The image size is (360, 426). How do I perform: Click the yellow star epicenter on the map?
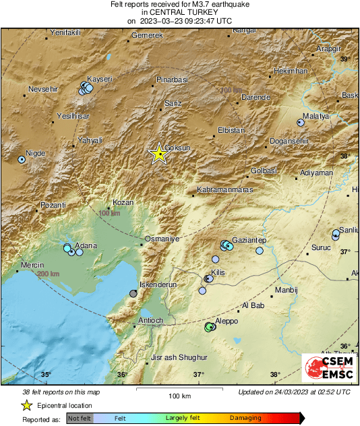pyautogui.click(x=158, y=154)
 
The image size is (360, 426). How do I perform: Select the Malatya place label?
pyautogui.click(x=315, y=116)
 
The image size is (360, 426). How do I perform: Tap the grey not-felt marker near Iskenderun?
pyautogui.click(x=133, y=294)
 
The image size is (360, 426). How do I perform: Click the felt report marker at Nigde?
pyautogui.click(x=22, y=160)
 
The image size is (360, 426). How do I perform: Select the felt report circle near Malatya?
pyautogui.click(x=301, y=123)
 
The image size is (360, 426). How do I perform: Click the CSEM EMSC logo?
pyautogui.click(x=325, y=369)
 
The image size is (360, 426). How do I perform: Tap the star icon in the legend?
pyautogui.click(x=26, y=405)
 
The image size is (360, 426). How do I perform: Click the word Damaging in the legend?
pyautogui.click(x=246, y=418)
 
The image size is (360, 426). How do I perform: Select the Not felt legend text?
pyautogui.click(x=80, y=419)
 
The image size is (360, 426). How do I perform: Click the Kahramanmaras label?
pyautogui.click(x=224, y=190)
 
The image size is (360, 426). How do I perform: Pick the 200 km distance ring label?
pyautogui.click(x=48, y=274)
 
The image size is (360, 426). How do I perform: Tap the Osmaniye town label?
pyautogui.click(x=162, y=239)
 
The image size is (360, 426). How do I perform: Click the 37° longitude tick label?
pyautogui.click(x=198, y=375)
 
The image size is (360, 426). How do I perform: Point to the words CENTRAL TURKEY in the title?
pyautogui.click(x=181, y=12)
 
